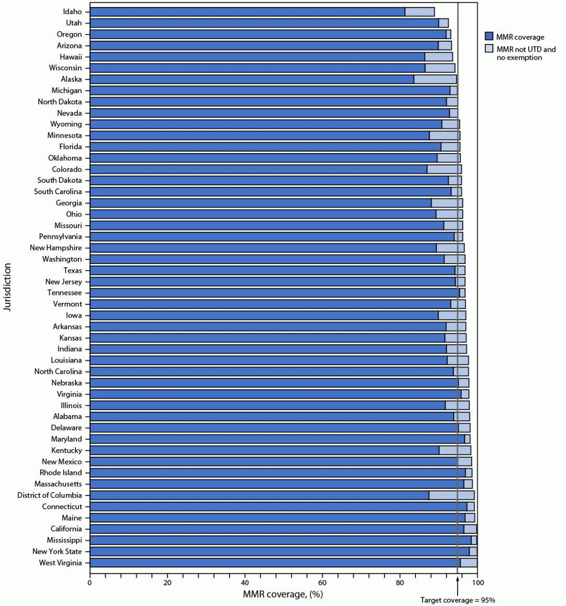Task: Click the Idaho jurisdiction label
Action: [72, 11]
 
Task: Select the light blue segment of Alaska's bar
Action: [435, 79]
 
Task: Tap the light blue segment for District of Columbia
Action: [451, 496]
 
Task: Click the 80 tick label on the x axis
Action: [400, 582]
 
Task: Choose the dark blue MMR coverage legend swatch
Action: [489, 37]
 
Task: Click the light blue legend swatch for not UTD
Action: [489, 49]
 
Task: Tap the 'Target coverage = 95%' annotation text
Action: [458, 600]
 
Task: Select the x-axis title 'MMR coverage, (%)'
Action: [283, 594]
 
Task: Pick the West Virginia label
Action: [60, 563]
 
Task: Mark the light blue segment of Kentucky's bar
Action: [455, 451]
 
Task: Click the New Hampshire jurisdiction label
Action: [55, 248]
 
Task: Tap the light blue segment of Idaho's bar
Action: [419, 12]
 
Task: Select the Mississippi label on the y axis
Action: [64, 540]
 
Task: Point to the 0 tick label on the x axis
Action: [90, 582]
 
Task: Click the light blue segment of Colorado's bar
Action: [444, 169]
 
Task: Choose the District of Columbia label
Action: [50, 496]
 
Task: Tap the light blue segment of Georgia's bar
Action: [447, 203]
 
